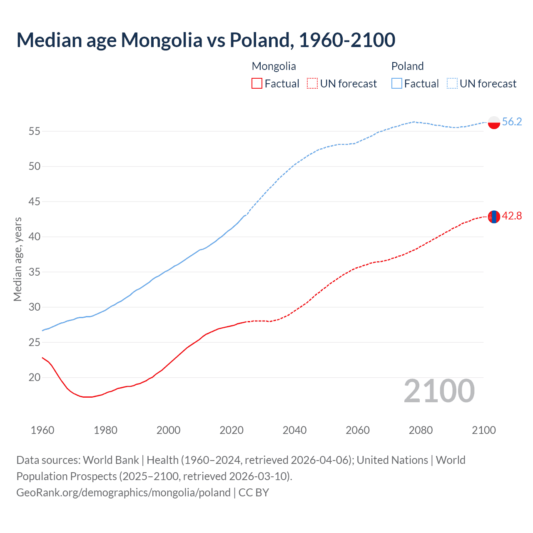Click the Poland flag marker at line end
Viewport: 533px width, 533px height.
point(493,122)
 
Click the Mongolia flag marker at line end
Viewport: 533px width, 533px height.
point(493,217)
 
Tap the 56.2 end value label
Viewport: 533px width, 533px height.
point(512,122)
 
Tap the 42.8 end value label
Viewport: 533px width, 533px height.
point(512,216)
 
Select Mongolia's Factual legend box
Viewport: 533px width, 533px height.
point(257,84)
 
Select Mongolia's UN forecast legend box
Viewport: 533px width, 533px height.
point(312,84)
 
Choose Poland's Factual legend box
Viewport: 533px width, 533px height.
point(397,84)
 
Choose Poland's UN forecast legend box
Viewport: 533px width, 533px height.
point(452,84)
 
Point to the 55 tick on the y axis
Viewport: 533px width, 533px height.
point(35,132)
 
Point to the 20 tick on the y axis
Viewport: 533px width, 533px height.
point(35,378)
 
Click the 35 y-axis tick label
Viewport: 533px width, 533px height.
point(35,272)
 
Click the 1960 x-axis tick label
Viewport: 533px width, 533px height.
point(42,430)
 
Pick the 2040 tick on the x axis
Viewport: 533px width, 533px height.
point(294,430)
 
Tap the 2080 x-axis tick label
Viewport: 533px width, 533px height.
point(421,430)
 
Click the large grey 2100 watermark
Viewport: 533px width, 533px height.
point(439,391)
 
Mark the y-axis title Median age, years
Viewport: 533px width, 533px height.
point(17,259)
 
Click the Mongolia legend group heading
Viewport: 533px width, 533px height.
point(274,66)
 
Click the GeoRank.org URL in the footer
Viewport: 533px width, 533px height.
point(123,493)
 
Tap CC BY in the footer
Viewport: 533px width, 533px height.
point(254,493)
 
